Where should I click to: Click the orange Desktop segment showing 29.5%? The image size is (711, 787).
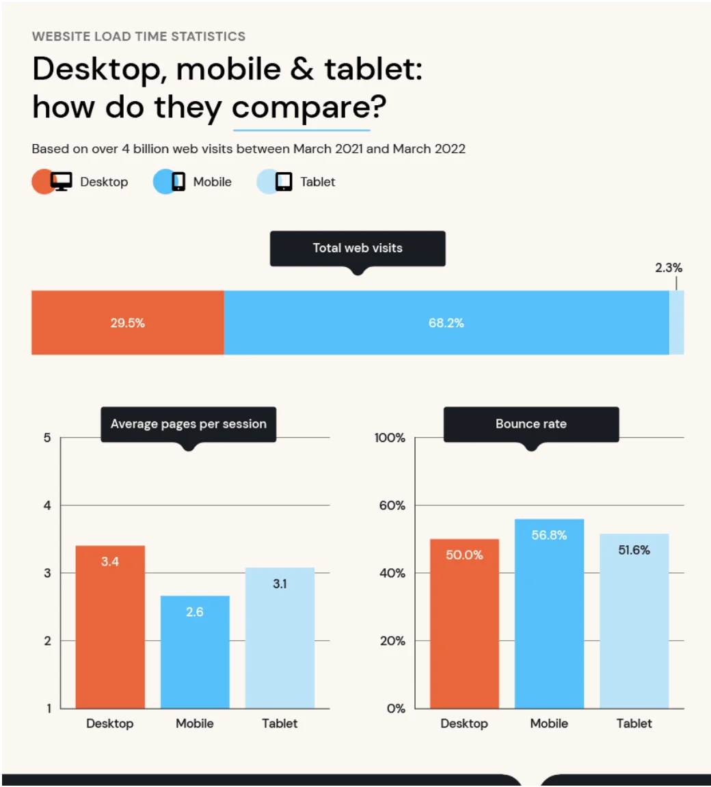click(128, 322)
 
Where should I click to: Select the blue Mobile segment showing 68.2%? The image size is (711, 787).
click(446, 322)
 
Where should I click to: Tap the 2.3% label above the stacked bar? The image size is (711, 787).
click(669, 268)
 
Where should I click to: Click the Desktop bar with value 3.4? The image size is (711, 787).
click(110, 626)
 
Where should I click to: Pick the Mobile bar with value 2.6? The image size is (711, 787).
click(195, 652)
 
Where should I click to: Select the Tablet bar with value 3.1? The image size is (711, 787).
click(280, 637)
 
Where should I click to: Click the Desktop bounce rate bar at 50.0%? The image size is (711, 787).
click(464, 623)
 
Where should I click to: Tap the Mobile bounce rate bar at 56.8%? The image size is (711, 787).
click(549, 613)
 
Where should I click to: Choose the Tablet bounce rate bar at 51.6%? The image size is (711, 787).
click(634, 620)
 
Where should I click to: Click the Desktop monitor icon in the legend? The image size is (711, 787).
click(61, 182)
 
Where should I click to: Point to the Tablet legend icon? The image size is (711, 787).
click(283, 182)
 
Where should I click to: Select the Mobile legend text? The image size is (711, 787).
click(212, 182)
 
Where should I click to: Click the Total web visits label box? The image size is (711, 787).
click(358, 248)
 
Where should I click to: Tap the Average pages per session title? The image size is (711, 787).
click(189, 424)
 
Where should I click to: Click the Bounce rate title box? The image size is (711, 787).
click(531, 424)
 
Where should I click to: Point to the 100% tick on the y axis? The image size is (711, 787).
click(390, 438)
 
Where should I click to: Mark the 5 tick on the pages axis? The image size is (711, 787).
click(47, 438)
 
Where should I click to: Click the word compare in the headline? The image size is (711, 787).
click(301, 107)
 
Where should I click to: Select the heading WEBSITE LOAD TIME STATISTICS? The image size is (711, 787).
click(139, 36)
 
